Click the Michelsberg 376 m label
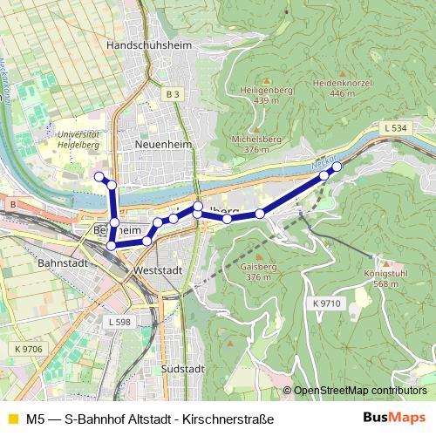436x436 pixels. (256, 144)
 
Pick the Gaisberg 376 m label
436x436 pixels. (258, 271)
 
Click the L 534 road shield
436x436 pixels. (395, 128)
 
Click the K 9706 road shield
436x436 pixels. (28, 349)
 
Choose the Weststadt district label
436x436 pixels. (158, 271)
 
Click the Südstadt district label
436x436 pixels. (183, 370)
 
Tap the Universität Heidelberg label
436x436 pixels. (77, 140)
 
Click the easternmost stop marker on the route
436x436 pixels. (337, 166)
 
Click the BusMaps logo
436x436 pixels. (394, 418)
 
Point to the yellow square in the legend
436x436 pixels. (11, 419)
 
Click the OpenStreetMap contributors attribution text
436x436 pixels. (360, 392)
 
